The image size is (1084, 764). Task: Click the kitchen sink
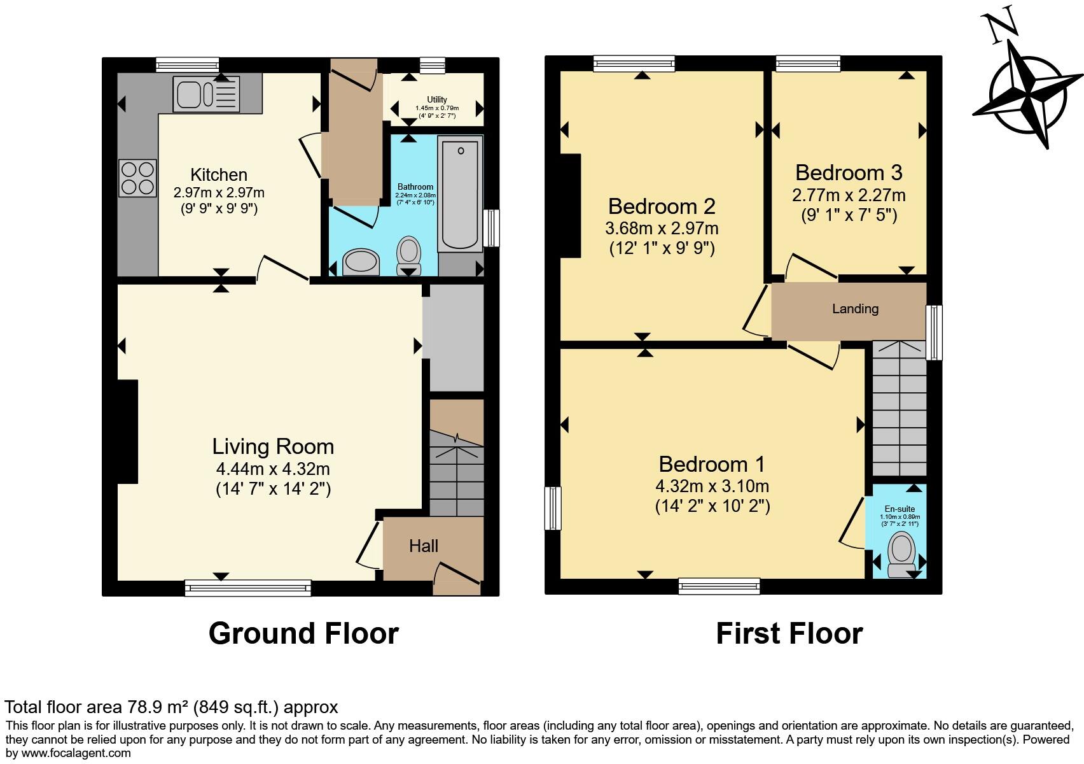[205, 94]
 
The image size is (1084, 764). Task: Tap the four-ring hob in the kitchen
[137, 178]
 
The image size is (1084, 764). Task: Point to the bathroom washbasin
[361, 261]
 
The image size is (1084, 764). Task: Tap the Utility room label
[437, 99]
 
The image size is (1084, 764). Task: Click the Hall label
[424, 546]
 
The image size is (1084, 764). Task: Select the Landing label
[855, 309]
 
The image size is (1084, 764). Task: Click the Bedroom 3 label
[848, 173]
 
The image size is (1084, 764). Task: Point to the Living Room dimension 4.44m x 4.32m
[273, 470]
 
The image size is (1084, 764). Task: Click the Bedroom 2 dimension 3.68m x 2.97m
[662, 227]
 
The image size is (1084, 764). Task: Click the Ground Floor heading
[303, 633]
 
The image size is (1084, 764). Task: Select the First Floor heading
[789, 633]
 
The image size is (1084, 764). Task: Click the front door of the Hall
[456, 579]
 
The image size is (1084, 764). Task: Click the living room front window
[248, 587]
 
